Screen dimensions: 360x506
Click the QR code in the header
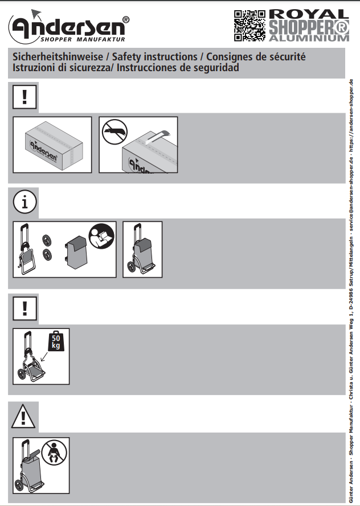pos(249,26)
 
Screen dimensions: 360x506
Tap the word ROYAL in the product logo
pos(309,14)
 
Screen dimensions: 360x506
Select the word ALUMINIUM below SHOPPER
pos(309,38)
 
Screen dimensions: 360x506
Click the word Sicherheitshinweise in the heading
pos(58,57)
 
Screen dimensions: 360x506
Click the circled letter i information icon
pos(25,202)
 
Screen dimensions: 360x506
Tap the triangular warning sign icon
pos(23,416)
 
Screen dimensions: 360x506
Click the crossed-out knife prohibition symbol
pos(114,132)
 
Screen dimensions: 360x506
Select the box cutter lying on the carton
pos(157,137)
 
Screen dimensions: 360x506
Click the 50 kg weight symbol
pos(56,341)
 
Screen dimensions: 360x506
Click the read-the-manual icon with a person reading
pos(101,237)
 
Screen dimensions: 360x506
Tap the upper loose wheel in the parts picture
pos(47,240)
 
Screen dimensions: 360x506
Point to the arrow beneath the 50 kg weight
pos(44,356)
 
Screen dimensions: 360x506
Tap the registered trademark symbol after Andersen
pos(126,20)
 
